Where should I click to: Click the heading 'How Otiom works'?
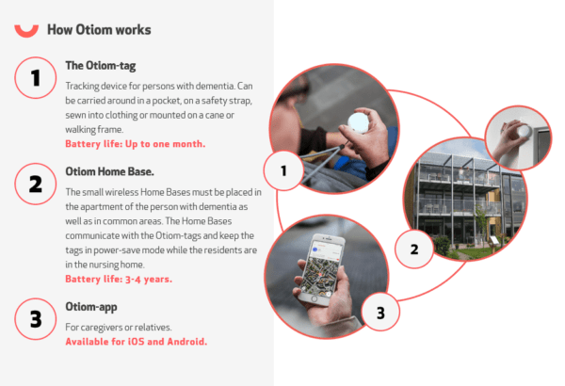coord(99,29)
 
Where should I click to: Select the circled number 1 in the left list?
coord(35,79)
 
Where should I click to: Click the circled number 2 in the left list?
coord(35,185)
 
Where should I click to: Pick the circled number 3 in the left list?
coord(35,319)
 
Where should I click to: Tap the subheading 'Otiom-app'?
coord(93,307)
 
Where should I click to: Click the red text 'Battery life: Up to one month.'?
coord(135,144)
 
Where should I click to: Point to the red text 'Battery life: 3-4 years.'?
coord(119,279)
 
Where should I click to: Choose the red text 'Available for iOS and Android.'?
coord(136,341)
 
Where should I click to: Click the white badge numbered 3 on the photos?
coord(379,311)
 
